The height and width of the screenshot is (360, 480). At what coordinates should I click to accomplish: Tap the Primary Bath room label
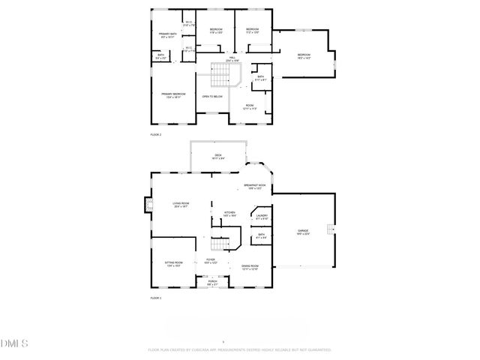point(167,35)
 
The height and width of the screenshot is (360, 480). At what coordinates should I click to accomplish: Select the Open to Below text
point(212,97)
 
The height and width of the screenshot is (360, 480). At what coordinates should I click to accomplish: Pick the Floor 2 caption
point(156,133)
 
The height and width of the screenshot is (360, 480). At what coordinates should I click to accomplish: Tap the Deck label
point(218,157)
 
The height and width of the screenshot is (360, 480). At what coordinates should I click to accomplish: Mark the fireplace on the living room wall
point(148,205)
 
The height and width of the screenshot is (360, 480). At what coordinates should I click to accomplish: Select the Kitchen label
point(230,214)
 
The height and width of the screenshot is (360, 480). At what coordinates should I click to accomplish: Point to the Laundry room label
point(262,217)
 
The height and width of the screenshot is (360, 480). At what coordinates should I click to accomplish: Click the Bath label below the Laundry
point(261,236)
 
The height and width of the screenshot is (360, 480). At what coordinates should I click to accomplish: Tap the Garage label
point(301,232)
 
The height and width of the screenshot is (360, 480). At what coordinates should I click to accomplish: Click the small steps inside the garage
point(328,230)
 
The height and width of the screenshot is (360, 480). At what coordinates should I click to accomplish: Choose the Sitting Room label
point(173,264)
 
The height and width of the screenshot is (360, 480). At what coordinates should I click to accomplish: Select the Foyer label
point(211,262)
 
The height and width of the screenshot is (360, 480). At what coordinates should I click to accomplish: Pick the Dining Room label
point(250,267)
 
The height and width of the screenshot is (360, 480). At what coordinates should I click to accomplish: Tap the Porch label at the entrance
point(213,283)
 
